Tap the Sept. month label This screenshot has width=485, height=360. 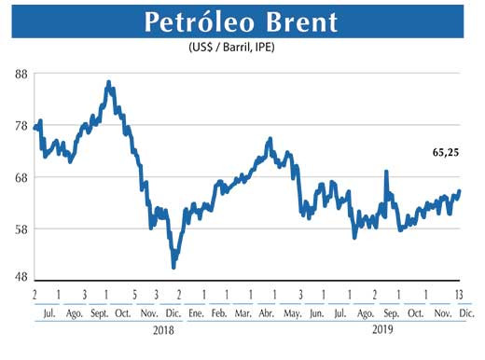101,314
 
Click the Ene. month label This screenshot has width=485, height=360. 195,314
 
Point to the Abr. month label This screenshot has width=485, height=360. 267,314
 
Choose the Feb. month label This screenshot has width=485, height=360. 218,314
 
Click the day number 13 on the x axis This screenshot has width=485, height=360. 459,296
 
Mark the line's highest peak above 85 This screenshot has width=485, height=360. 108,83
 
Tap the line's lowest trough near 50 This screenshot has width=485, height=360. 173,267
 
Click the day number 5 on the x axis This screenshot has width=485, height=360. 136,296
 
